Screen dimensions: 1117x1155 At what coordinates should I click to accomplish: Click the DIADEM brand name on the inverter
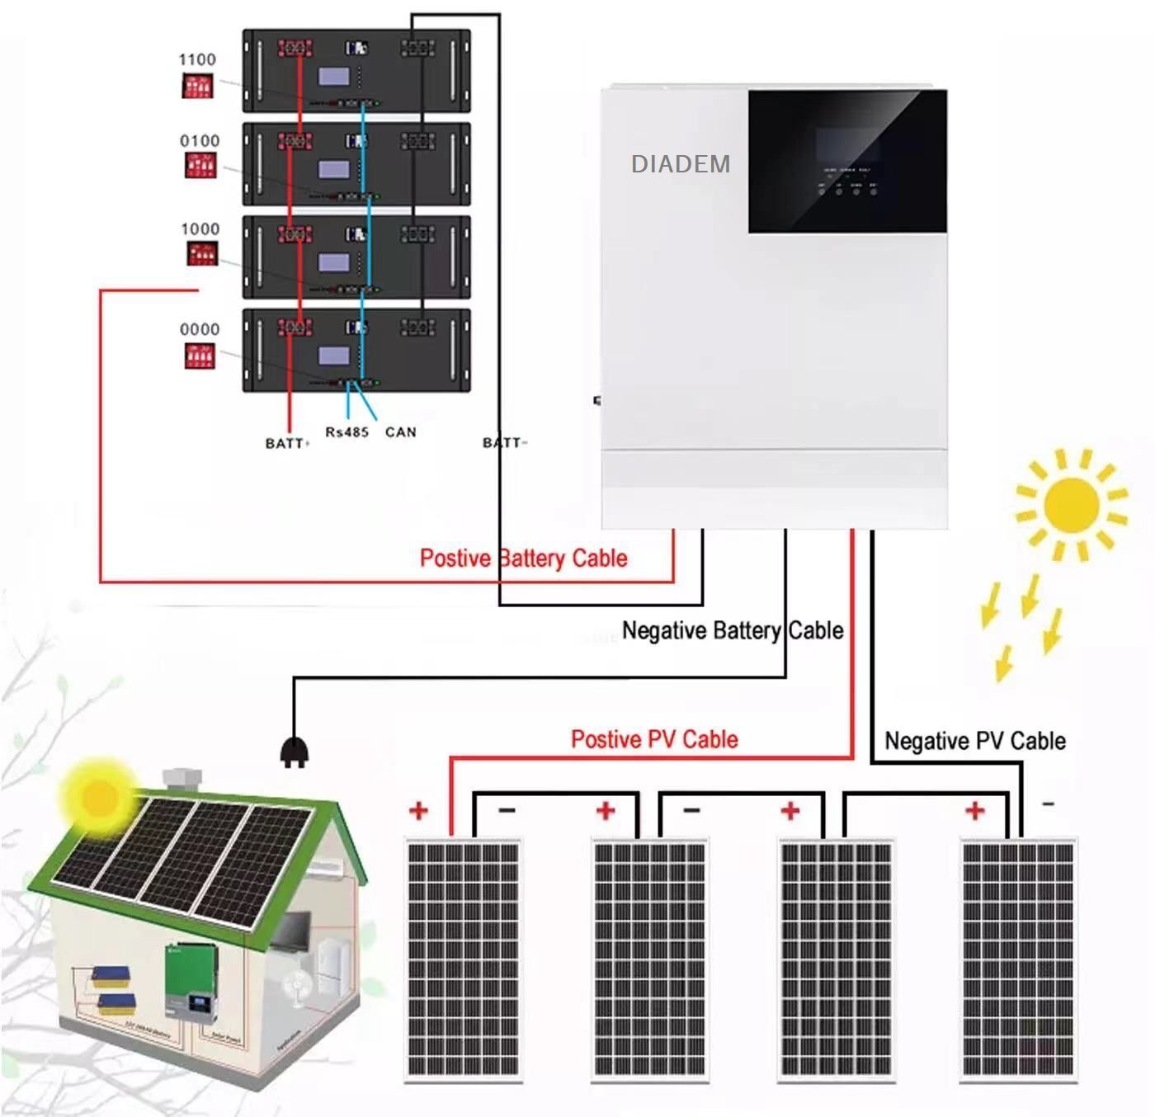click(681, 164)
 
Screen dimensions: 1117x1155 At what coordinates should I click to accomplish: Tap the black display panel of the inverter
click(847, 161)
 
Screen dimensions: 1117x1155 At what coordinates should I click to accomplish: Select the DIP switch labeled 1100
click(198, 86)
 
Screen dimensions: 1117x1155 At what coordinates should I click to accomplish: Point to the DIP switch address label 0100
click(200, 141)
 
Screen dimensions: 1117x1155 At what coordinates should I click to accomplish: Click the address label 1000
click(200, 229)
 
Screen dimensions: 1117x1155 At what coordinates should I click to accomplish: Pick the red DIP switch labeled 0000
click(199, 356)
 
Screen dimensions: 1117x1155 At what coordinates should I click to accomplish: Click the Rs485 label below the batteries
click(346, 432)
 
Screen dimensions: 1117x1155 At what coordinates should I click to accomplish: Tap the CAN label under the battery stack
click(401, 432)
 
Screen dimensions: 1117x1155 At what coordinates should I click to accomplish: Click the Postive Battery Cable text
click(523, 558)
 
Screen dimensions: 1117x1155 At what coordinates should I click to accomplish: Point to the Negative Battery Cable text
click(733, 631)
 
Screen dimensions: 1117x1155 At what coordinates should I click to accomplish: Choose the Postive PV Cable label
click(654, 739)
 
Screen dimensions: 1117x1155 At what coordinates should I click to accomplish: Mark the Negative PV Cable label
click(974, 741)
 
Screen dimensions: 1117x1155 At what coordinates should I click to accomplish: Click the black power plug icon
click(294, 752)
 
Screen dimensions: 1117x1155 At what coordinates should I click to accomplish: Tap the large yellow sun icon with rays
click(1070, 504)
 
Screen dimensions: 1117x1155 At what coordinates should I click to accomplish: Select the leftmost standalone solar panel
click(463, 960)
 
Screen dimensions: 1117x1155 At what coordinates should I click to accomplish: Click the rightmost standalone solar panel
click(1019, 960)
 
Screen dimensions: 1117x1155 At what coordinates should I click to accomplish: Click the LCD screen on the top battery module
click(334, 77)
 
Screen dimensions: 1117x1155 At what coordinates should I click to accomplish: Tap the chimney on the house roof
click(182, 779)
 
